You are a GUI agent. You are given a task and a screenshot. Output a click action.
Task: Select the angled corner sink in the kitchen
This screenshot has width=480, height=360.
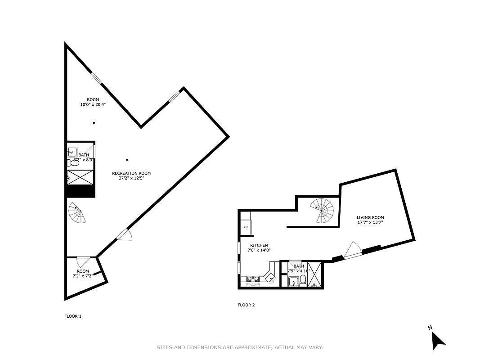coord(271,279)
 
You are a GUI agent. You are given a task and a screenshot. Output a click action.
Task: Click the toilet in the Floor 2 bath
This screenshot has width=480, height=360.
coord(302,281)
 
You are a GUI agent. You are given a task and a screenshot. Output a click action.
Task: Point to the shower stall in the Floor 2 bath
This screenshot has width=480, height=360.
coord(316,274)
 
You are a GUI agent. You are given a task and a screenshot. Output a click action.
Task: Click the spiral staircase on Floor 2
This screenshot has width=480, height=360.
coord(323,211)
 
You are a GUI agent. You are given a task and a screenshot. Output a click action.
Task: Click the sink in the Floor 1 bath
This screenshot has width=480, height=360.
coord(72,152)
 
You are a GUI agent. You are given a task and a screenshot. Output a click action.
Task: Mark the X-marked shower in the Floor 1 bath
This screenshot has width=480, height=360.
coord(81,178)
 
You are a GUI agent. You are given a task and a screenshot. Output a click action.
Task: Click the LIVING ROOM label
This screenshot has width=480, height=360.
coord(370,217)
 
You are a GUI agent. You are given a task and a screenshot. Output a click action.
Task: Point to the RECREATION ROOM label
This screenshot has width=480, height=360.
coord(131,173)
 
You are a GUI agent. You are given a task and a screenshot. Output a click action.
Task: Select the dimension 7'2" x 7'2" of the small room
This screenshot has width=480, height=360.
coord(83,276)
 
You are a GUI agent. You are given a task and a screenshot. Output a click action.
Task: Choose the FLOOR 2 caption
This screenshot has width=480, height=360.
coord(246,305)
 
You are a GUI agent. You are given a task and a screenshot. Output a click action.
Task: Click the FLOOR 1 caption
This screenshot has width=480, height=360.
coord(73,316)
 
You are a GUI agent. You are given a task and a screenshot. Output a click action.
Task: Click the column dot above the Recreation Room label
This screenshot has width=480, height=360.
coord(127,159)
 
